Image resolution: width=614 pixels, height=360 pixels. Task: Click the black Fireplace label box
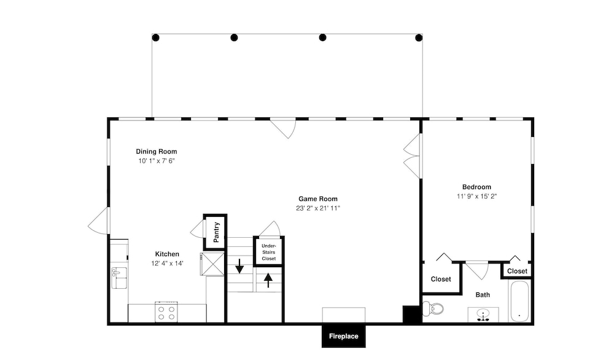pyautogui.click(x=343, y=336)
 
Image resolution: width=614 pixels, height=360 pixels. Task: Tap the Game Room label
pyautogui.click(x=318, y=199)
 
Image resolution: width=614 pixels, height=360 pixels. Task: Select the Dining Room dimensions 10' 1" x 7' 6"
pyautogui.click(x=157, y=160)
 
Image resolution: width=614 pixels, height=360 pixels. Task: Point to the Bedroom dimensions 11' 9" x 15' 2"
pyautogui.click(x=476, y=196)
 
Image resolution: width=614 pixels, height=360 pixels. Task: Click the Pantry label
pyautogui.click(x=216, y=232)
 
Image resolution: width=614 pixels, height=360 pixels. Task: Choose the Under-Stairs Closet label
pyautogui.click(x=269, y=252)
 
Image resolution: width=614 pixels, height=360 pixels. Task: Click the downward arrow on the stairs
pyautogui.click(x=239, y=266)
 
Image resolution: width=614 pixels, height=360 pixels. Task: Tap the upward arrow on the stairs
pyautogui.click(x=268, y=280)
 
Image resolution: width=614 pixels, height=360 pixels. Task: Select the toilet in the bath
pyautogui.click(x=433, y=308)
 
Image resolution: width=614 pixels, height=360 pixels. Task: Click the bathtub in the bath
pyautogui.click(x=519, y=301)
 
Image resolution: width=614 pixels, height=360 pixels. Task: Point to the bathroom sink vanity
pyautogui.click(x=483, y=315)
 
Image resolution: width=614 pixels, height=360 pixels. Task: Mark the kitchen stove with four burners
pyautogui.click(x=166, y=312)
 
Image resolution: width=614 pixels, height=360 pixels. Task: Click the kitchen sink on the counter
pyautogui.click(x=119, y=277)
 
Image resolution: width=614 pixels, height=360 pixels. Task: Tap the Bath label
pyautogui.click(x=483, y=295)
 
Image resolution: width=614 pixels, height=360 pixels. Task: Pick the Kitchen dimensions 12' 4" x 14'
pyautogui.click(x=167, y=264)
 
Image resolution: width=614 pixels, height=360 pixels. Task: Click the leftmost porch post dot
pyautogui.click(x=155, y=37)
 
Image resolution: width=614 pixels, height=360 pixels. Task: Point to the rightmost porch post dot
pyautogui.click(x=419, y=37)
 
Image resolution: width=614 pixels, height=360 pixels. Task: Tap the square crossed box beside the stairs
pyautogui.click(x=212, y=264)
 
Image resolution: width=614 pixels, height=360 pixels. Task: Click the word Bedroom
pyautogui.click(x=476, y=187)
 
